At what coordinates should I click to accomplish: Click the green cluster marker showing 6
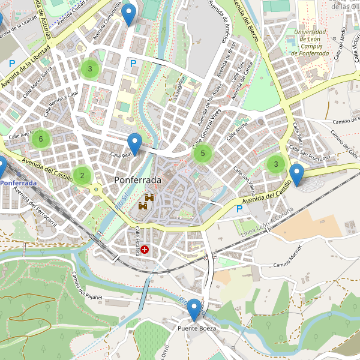pos(41,140)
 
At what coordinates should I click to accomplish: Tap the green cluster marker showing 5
pos(203,154)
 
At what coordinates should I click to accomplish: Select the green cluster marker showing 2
pos(82,176)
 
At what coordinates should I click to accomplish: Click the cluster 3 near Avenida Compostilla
pos(90,69)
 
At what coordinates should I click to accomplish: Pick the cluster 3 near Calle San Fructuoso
pos(275,164)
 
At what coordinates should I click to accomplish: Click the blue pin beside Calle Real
pos(134,145)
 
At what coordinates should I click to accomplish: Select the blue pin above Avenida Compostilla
pos(128,14)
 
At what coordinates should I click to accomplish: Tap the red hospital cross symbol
pos(145,249)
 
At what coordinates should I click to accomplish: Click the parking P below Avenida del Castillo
pos(240,209)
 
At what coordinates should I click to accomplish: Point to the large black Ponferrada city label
pos(137,180)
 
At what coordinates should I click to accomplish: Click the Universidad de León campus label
pos(310,43)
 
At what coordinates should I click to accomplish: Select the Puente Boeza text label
pos(196,329)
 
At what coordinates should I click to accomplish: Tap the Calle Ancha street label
pos(237,131)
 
